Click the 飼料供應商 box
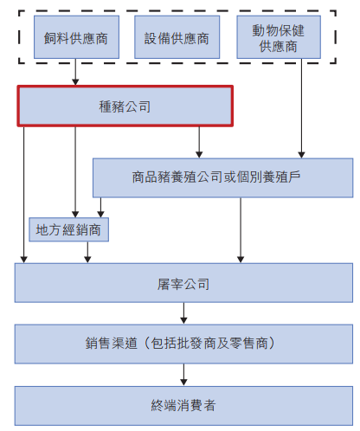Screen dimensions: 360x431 pyautogui.click(x=76, y=37)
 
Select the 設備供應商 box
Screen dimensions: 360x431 pyautogui.click(x=177, y=37)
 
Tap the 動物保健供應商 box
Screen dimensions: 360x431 pyautogui.click(x=279, y=37)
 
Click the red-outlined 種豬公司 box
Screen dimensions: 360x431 pyautogui.click(x=125, y=106)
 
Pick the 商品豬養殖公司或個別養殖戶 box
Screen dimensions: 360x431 pyautogui.click(x=222, y=177)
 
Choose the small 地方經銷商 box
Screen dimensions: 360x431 pyautogui.click(x=68, y=229)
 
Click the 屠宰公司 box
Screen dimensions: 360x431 pyautogui.click(x=183, y=283)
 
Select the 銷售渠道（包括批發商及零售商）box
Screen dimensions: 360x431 pyautogui.click(x=183, y=344)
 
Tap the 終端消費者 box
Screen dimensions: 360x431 pyautogui.click(x=183, y=406)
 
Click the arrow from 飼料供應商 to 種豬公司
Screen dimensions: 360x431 pyautogui.click(x=75, y=72)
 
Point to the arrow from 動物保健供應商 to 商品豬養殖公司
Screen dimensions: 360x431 pyautogui.click(x=301, y=108)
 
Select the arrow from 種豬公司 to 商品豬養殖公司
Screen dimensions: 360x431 pyautogui.click(x=199, y=142)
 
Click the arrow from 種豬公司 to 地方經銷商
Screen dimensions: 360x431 pyautogui.click(x=75, y=172)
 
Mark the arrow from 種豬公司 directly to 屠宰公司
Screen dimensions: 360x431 pyautogui.click(x=24, y=195)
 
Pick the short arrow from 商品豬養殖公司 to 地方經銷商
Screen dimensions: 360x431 pyautogui.click(x=100, y=208)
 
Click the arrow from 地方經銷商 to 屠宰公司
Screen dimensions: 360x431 pyautogui.click(x=87, y=252)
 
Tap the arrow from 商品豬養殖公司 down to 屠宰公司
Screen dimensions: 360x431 pyautogui.click(x=241, y=230)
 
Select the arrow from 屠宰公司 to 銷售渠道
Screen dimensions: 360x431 pyautogui.click(x=183, y=313)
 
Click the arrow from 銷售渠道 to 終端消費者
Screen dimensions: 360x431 pyautogui.click(x=183, y=375)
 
